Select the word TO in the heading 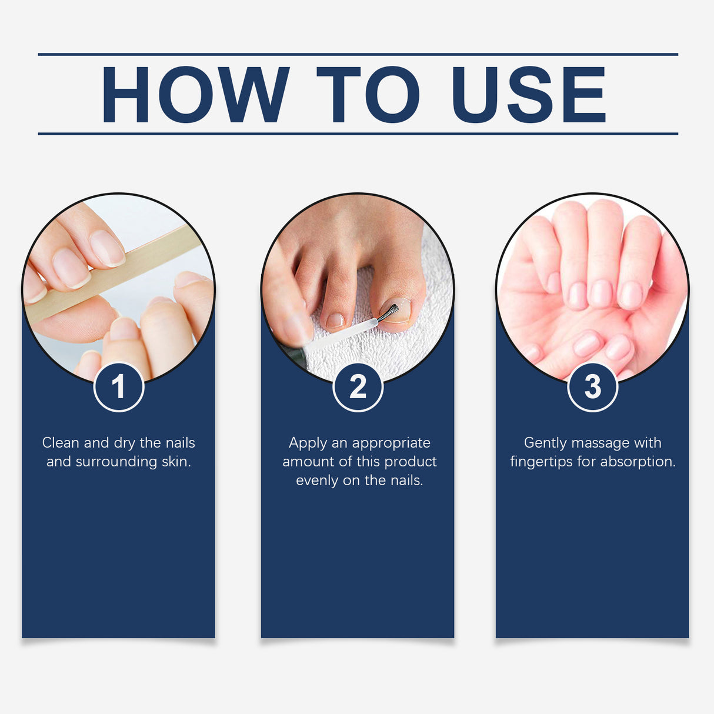[368, 95]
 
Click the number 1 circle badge [119, 387]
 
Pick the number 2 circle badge [358, 387]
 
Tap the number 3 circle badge [592, 387]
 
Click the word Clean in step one [60, 443]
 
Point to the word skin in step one [176, 462]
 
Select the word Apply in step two [308, 443]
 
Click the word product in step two [411, 462]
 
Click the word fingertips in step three [541, 462]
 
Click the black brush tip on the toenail [388, 312]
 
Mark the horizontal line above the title [358, 54]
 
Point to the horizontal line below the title [358, 134]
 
